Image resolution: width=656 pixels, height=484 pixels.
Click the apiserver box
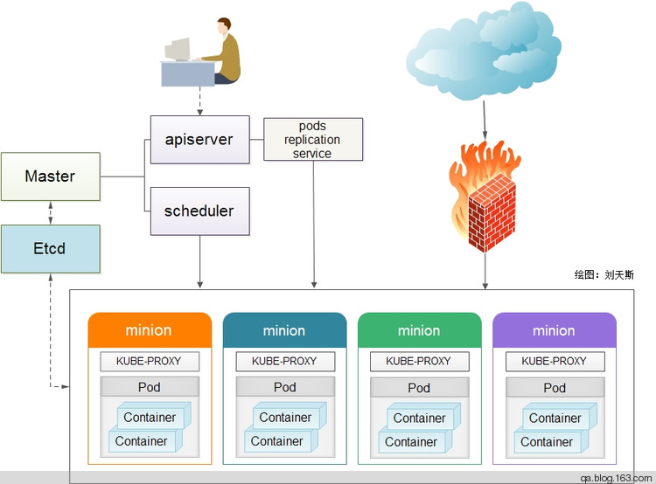click(x=200, y=140)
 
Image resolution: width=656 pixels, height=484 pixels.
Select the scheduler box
click(x=200, y=211)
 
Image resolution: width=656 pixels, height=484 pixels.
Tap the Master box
click(x=51, y=176)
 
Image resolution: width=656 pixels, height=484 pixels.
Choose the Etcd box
click(x=51, y=249)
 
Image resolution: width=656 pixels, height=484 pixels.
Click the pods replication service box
click(x=313, y=139)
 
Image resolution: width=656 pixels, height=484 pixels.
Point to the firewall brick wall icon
click(x=492, y=212)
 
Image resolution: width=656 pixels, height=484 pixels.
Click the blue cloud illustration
click(x=484, y=51)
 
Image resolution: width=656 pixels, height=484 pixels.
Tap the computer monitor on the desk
click(x=178, y=49)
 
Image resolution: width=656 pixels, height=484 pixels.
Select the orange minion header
click(x=150, y=330)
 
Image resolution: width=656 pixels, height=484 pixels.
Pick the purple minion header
click(x=555, y=330)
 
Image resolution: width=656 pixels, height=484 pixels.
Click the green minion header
click(x=420, y=330)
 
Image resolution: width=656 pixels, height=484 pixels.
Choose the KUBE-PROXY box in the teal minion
click(x=285, y=361)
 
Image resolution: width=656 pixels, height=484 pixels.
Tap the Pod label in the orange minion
click(x=150, y=387)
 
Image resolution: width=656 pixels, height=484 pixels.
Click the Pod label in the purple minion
click(x=555, y=388)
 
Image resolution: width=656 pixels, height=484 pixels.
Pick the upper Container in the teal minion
click(x=290, y=416)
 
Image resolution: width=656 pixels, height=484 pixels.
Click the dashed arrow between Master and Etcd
click(x=51, y=213)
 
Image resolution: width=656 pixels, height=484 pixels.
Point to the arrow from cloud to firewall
click(x=485, y=120)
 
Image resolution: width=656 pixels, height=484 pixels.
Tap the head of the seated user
click(x=224, y=26)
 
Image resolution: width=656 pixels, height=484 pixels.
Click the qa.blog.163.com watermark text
click(x=616, y=478)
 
